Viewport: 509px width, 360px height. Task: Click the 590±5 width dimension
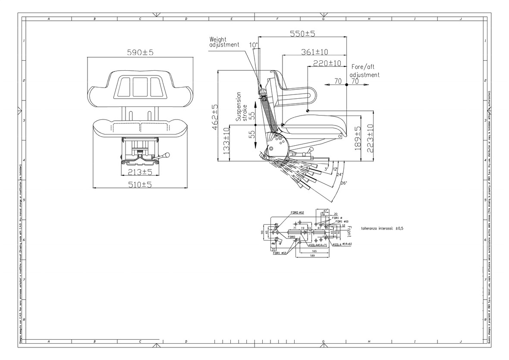[140, 52]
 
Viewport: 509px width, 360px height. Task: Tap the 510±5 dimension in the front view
[140, 184]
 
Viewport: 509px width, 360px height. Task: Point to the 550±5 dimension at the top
[302, 34]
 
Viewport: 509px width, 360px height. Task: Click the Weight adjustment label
[224, 41]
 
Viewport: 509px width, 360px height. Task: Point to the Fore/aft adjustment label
[364, 71]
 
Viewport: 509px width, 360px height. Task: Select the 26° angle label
[343, 183]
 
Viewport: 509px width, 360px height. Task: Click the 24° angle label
[339, 175]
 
